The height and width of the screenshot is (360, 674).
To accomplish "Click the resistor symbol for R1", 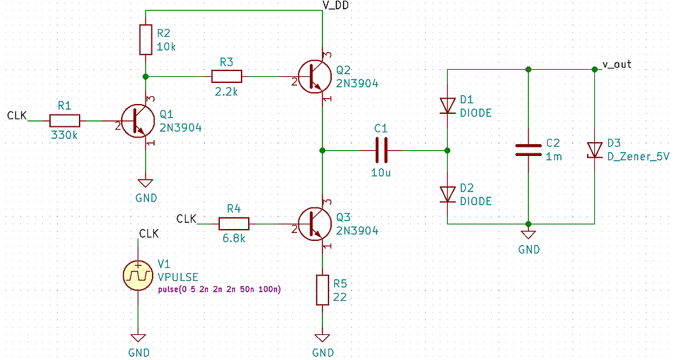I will point(65,120).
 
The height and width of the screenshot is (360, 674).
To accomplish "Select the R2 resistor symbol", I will point(146,40).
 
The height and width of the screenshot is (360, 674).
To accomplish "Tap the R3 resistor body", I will point(226,76).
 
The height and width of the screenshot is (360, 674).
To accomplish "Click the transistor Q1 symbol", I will point(139,120).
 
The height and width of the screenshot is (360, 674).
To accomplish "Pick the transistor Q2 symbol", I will point(314,76).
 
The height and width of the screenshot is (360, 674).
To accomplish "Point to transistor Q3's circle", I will point(314,224).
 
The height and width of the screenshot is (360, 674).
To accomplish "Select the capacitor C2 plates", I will point(528,150).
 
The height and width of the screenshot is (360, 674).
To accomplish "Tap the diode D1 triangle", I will point(448,105).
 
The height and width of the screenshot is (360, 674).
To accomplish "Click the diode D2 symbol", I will point(448,193).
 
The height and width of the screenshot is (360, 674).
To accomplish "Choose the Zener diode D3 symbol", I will point(595,150).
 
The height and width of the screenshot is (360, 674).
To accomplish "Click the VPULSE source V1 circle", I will point(138,275).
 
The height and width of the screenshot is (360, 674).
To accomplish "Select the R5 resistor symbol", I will point(322,290).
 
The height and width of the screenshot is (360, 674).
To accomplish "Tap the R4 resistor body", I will point(234,224).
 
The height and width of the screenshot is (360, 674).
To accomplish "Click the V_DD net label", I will point(335,5).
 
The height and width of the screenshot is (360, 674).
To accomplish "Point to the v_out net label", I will point(617,64).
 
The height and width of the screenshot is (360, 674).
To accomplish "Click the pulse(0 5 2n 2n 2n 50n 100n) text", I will point(219,289).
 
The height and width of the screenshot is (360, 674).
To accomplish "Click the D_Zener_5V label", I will point(638,157).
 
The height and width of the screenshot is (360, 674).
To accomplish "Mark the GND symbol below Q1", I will point(145,184).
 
